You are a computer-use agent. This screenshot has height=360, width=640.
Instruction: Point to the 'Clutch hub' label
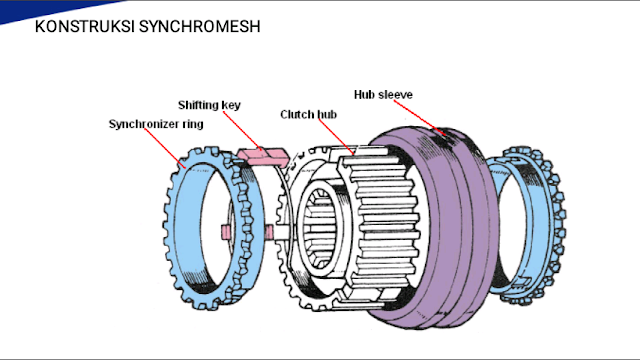click(x=307, y=115)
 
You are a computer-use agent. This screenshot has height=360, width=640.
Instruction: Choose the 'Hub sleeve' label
click(x=383, y=94)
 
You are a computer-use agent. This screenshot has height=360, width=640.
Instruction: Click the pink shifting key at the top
click(x=262, y=156)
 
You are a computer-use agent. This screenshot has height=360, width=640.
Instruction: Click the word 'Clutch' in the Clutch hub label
click(x=297, y=115)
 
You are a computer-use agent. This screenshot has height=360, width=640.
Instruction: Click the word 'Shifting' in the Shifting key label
click(x=197, y=104)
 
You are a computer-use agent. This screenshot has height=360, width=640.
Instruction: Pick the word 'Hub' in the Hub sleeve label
click(x=364, y=94)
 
